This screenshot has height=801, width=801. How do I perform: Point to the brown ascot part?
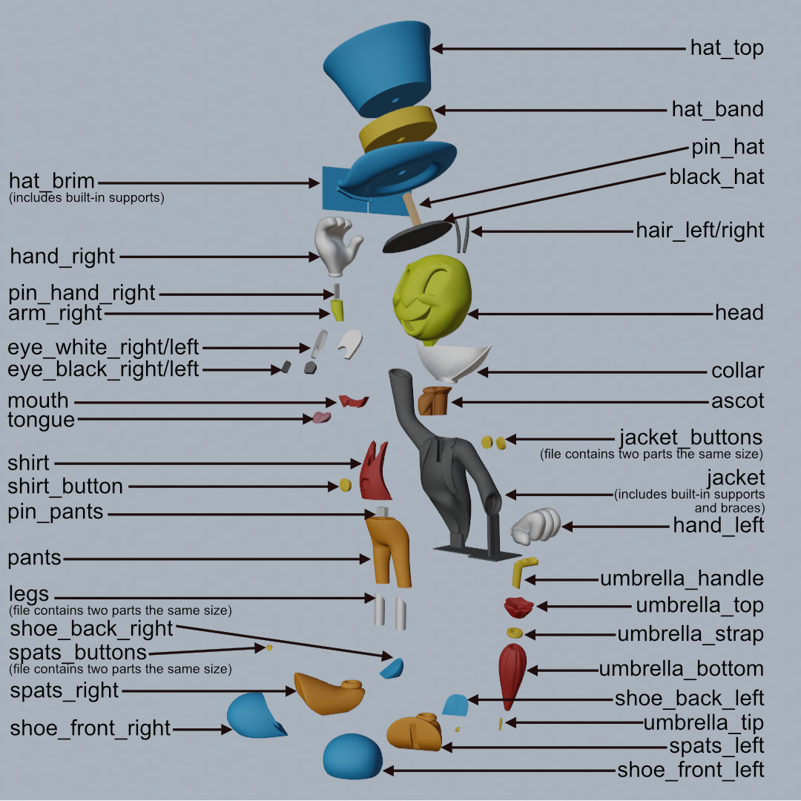(434, 400)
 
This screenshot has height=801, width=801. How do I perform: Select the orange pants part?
(389, 548)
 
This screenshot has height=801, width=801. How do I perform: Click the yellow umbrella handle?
(523, 573)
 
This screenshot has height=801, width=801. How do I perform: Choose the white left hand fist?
(538, 526)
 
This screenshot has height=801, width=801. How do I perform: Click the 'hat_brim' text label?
(52, 181)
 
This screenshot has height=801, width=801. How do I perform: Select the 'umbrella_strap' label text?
(690, 635)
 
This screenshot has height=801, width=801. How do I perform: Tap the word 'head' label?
(739, 313)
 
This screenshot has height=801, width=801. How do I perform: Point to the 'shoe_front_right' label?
(90, 728)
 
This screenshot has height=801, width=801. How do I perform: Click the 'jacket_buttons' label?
(690, 437)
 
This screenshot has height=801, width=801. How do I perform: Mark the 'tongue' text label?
(42, 421)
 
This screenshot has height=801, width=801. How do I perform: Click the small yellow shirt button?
(345, 485)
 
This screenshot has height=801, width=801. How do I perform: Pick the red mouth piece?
(354, 401)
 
